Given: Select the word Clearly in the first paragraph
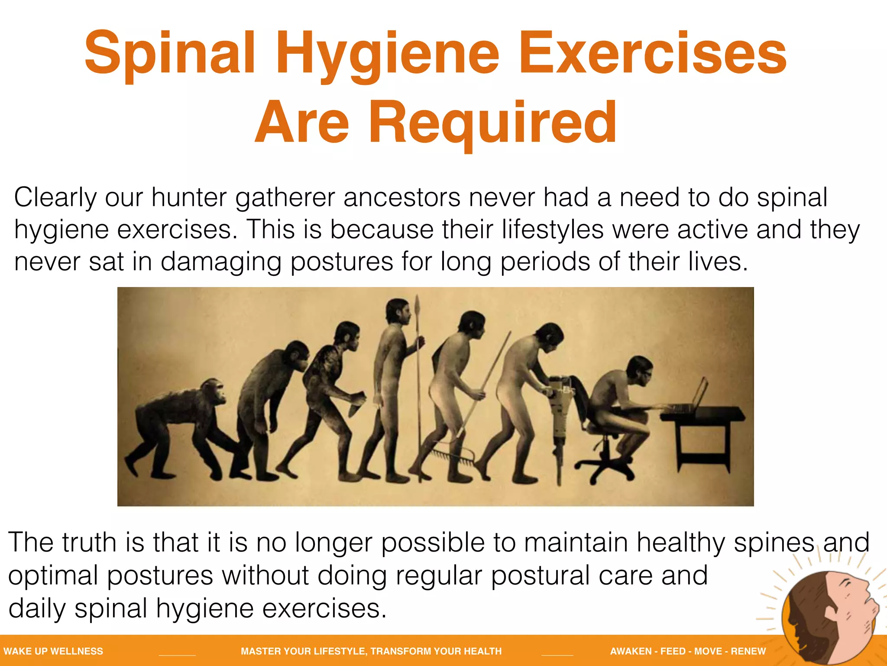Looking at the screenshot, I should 55,198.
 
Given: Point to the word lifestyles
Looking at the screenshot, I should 553,229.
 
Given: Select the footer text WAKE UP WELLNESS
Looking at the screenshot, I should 53,651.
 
